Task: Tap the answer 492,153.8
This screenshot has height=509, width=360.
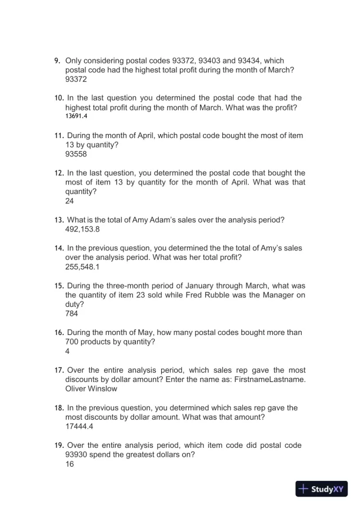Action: point(83,229)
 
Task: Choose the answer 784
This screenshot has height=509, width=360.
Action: point(72,314)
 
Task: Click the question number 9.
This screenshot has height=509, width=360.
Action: point(57,61)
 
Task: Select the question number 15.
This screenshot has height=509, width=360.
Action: point(59,286)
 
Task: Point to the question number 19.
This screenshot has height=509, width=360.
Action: point(59,446)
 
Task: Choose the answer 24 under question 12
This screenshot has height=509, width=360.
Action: point(69,201)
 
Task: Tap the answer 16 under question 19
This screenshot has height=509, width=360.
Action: point(69,464)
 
